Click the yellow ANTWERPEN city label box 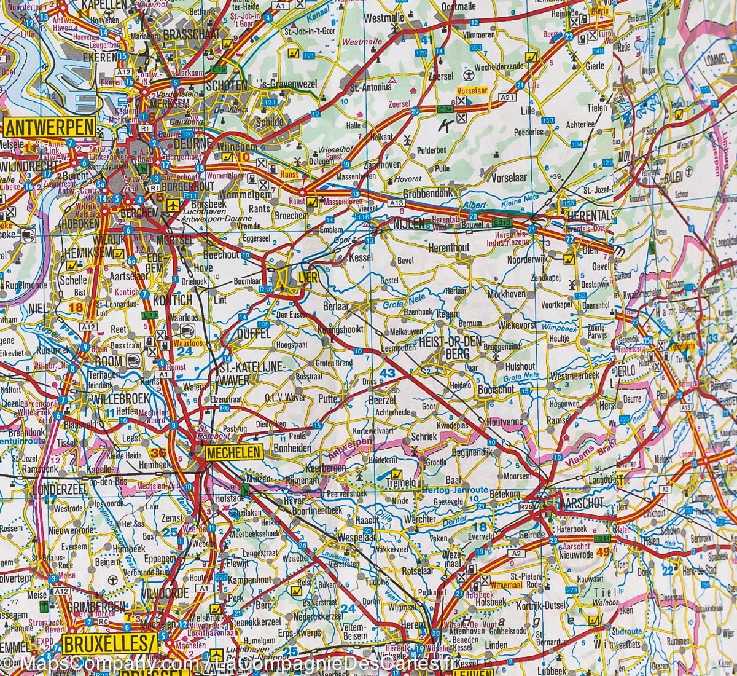pyautogui.click(x=49, y=127)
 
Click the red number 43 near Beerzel pyautogui.click(x=388, y=372)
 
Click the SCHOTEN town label pyautogui.click(x=227, y=85)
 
